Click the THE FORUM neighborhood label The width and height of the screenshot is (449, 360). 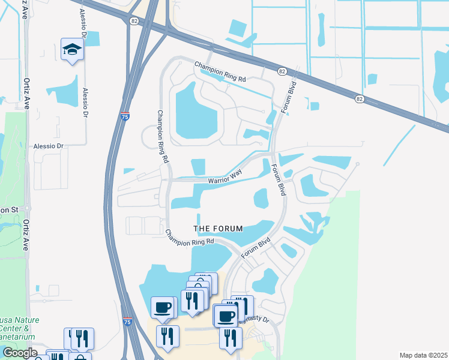218,229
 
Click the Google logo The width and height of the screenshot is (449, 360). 19,353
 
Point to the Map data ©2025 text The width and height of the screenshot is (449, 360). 423,355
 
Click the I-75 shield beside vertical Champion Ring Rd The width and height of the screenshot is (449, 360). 124,117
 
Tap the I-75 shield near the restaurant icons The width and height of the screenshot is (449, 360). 128,322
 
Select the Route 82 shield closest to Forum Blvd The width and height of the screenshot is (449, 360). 282,71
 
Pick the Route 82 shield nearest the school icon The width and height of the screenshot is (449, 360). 133,20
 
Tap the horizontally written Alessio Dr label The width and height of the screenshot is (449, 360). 49,146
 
